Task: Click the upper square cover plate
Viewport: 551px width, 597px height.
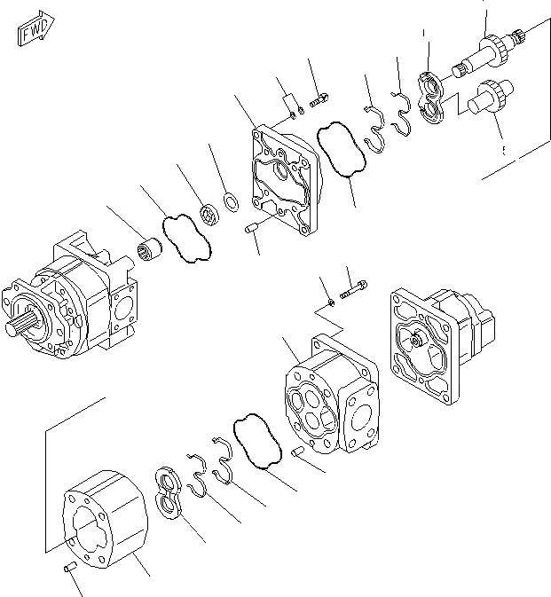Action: (x=283, y=183)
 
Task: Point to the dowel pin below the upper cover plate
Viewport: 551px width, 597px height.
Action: (x=251, y=231)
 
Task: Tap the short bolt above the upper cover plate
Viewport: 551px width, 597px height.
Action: (x=321, y=98)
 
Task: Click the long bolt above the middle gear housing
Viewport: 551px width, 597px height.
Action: (x=355, y=288)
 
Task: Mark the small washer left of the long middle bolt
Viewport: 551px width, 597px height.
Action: (x=330, y=302)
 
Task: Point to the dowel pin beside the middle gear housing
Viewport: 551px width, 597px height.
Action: (x=298, y=452)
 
